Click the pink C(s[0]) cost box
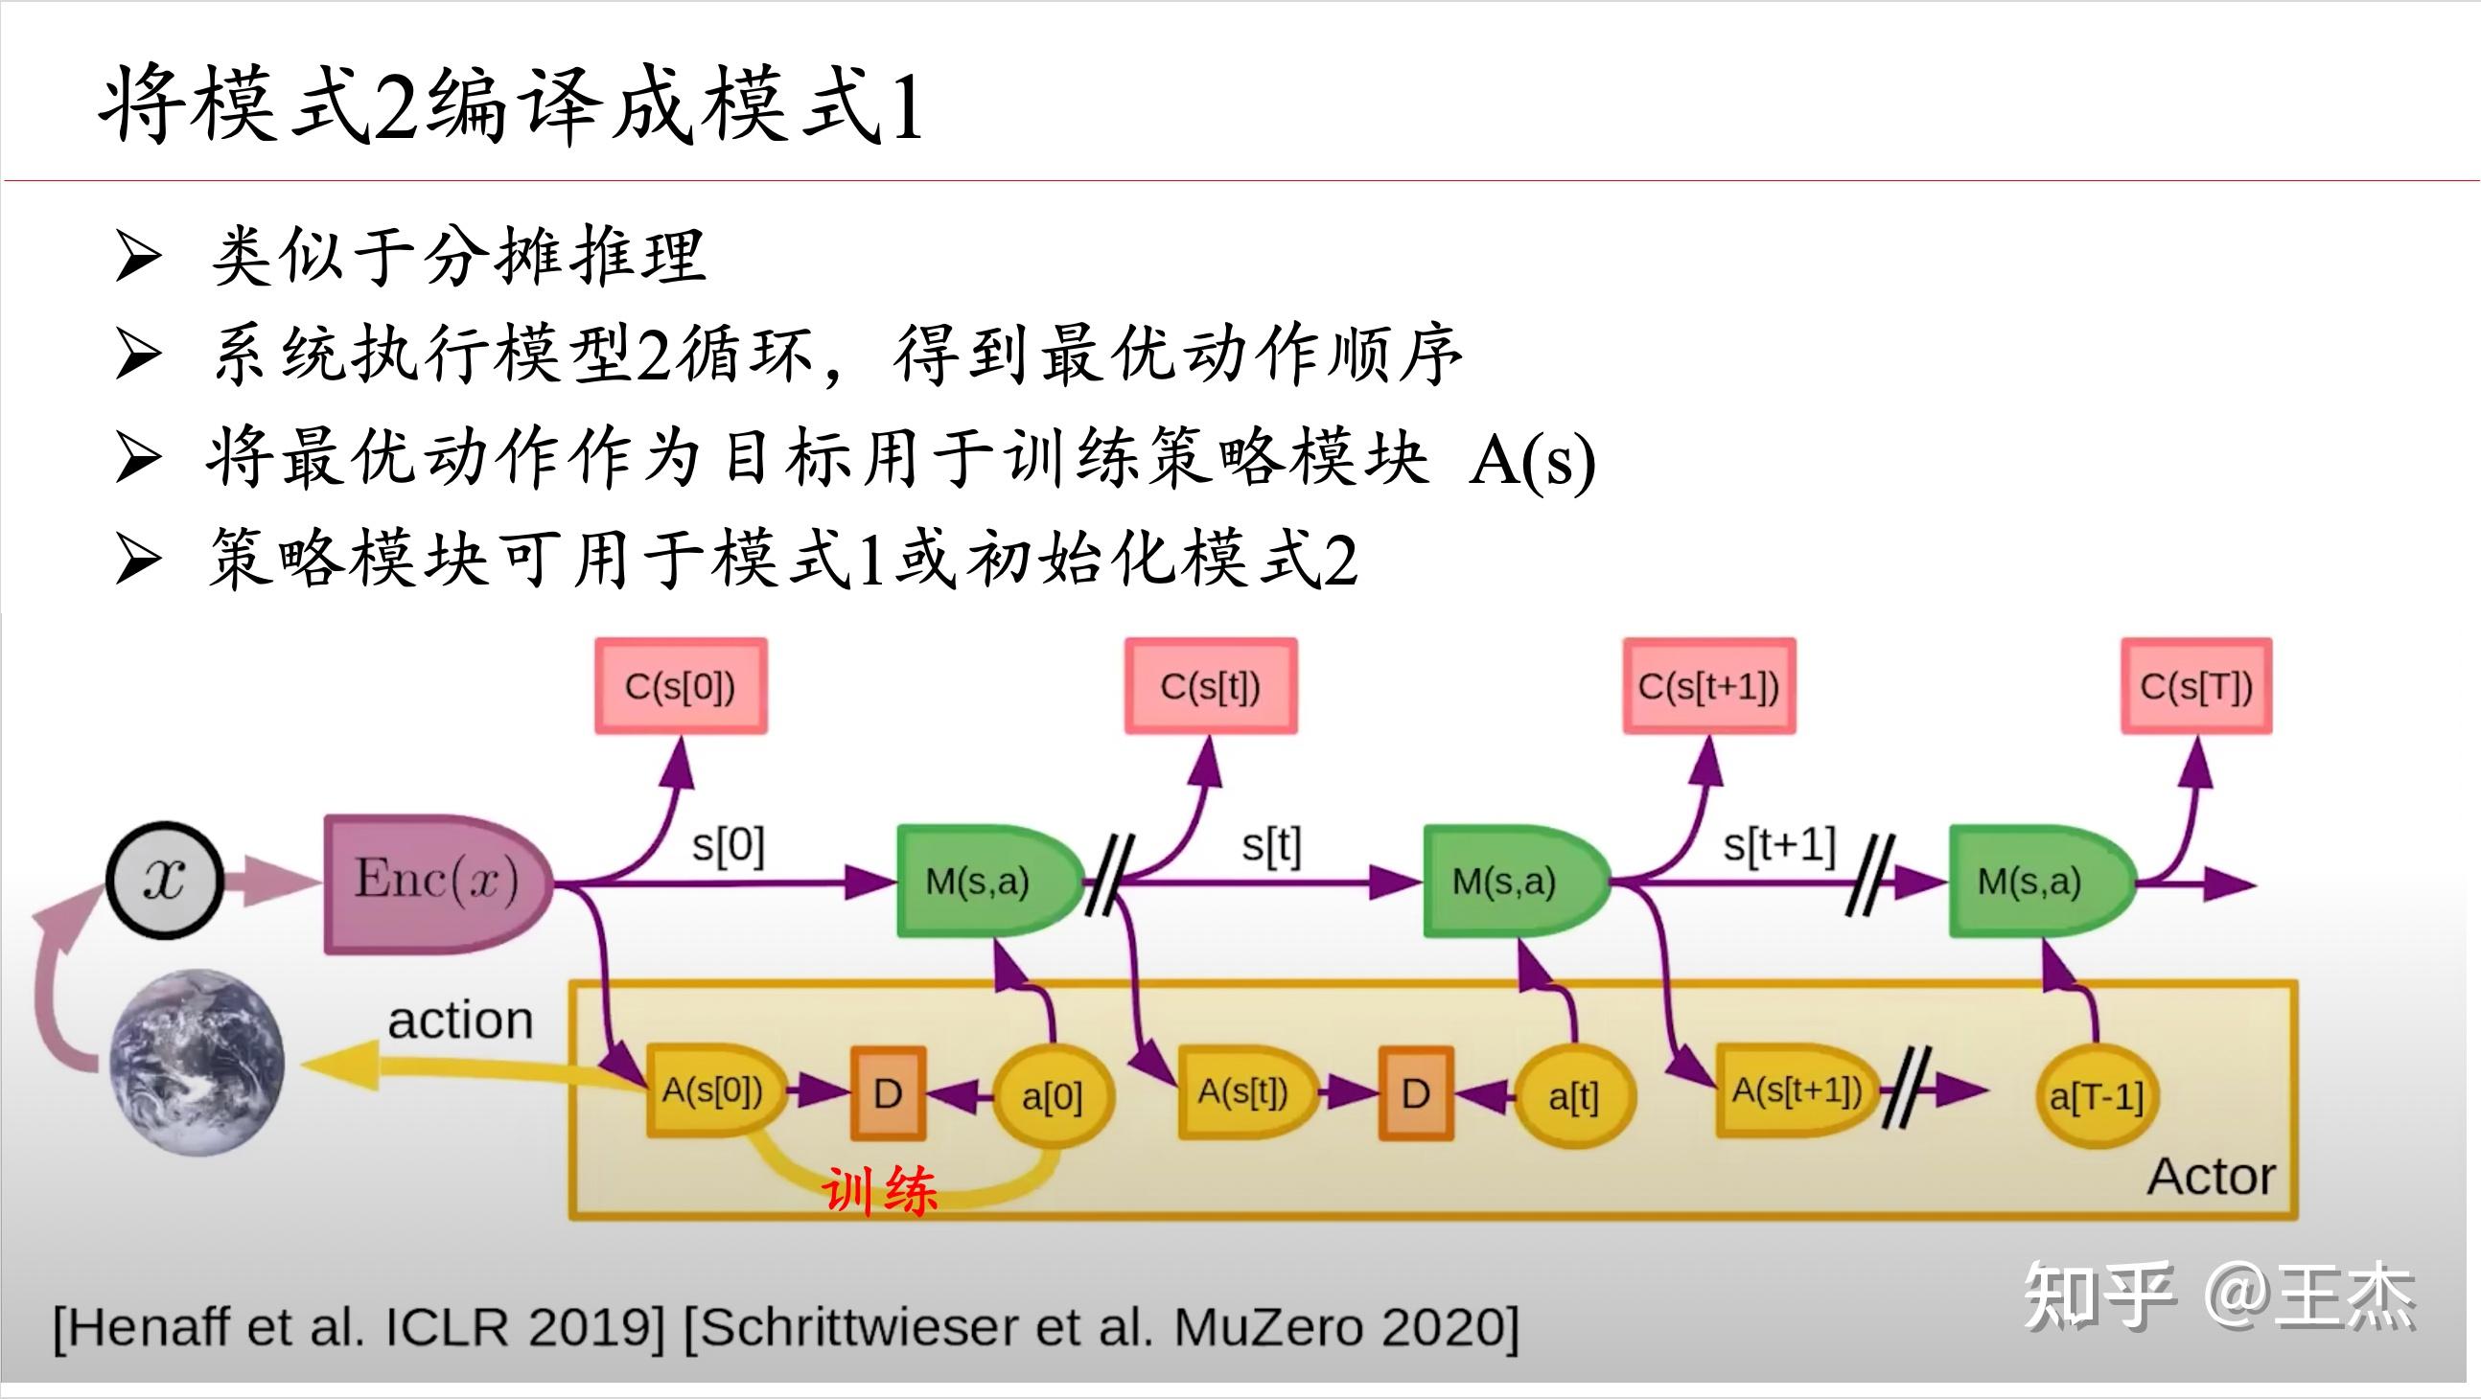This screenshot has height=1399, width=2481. tap(681, 686)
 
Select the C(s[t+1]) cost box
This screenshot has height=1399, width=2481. tap(1708, 686)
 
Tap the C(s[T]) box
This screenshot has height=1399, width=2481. tap(2196, 686)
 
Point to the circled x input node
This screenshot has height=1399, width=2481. tap(165, 879)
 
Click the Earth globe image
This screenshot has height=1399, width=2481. tap(197, 1061)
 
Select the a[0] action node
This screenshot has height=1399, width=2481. tap(1052, 1096)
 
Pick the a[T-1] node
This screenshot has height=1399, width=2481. tap(2096, 1096)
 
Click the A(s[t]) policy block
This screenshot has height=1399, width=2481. tap(1244, 1091)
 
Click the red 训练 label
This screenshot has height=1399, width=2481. tap(879, 1192)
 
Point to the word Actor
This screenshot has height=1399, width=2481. tap(2212, 1177)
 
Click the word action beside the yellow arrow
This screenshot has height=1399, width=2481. tap(460, 1020)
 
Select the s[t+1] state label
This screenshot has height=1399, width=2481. tap(1779, 845)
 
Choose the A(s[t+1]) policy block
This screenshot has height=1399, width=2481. tap(1796, 1090)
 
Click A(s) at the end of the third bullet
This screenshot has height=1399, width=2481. tap(1531, 460)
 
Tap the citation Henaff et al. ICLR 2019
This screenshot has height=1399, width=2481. tap(359, 1328)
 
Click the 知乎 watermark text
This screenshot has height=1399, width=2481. tap(2099, 1296)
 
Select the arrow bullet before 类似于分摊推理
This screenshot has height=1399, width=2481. tap(137, 256)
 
